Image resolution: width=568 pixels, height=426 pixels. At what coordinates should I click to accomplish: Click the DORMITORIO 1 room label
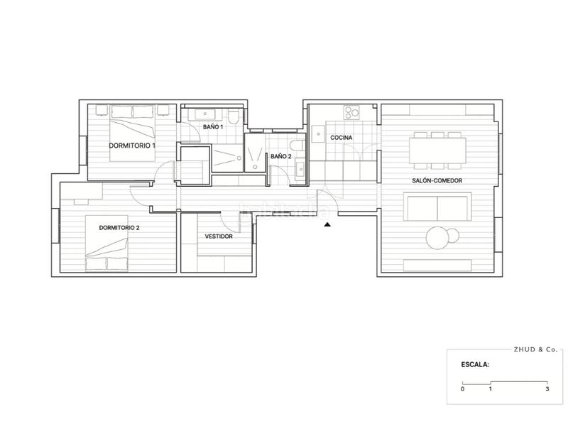coord(132,145)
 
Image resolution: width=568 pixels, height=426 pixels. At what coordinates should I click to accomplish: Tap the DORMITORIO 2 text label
coord(119,227)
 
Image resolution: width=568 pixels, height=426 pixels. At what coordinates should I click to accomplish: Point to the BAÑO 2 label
coord(280,155)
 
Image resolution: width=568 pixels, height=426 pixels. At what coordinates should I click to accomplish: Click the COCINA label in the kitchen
coord(342,137)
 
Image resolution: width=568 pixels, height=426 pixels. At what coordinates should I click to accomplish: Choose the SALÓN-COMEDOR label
coord(437,180)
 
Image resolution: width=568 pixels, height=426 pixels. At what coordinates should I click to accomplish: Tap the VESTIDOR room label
coord(219,236)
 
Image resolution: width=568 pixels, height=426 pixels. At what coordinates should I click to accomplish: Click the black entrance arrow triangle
coord(327,224)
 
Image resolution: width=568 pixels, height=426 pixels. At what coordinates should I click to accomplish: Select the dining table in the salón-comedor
coord(437,149)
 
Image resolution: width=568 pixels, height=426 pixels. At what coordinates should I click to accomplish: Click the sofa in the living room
coord(437,207)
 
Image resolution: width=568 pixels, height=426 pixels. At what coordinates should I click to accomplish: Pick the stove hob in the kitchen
coord(351,113)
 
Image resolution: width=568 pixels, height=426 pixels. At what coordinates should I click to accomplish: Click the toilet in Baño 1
coord(234,115)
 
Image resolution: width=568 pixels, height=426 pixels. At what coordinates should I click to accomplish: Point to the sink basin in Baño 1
coord(208,113)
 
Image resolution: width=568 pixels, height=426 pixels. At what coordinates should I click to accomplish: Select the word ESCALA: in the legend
coord(475,367)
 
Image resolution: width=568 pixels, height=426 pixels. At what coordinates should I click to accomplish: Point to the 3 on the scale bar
coord(547,389)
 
